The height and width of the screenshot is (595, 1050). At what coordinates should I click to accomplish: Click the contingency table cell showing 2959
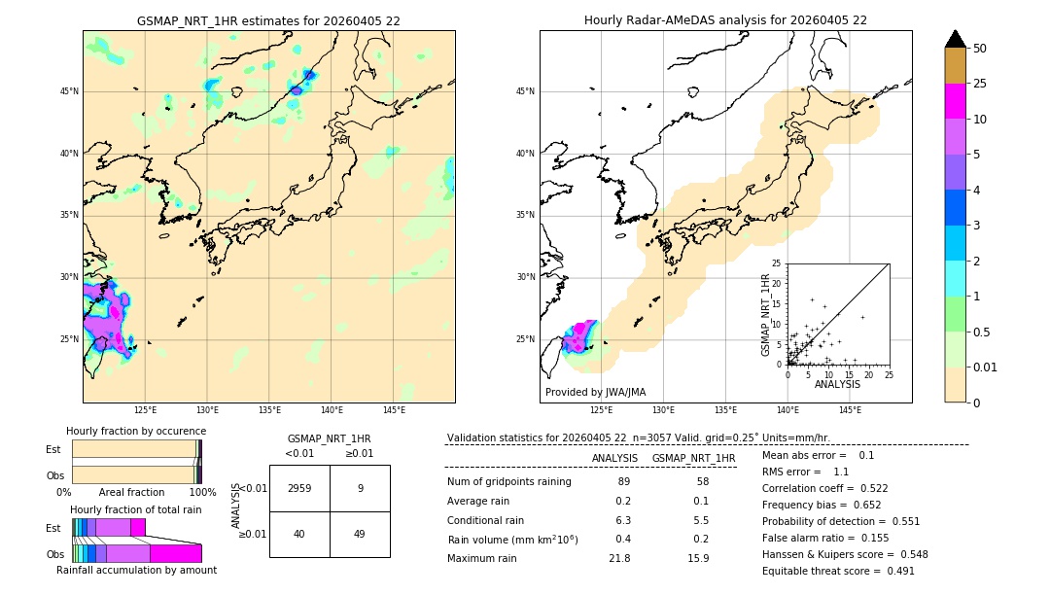299,488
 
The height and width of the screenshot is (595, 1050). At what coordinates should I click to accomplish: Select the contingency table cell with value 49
360,534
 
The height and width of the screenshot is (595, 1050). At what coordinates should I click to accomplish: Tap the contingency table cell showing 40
299,534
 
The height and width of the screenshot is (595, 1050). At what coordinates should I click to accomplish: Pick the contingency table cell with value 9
360,488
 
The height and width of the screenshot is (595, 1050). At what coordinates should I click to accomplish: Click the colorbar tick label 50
980,49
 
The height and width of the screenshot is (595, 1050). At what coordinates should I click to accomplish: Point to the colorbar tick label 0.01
986,367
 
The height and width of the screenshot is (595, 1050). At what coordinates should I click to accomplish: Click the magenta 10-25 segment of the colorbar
956,101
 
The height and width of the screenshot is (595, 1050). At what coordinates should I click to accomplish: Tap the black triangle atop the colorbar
956,39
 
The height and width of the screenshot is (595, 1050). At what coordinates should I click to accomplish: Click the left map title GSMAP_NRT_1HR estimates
268,20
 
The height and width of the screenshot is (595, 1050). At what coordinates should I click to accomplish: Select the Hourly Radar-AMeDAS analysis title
725,20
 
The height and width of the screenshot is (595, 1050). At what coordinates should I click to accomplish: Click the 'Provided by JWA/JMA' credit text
595,392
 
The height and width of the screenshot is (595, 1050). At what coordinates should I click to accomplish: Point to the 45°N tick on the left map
70,91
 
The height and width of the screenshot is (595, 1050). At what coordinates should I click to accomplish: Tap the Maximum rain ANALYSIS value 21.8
618,558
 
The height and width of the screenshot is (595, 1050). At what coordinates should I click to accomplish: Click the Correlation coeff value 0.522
895,488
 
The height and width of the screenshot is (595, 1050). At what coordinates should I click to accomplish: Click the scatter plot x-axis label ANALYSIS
837,385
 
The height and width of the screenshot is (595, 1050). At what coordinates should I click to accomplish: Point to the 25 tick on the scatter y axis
777,263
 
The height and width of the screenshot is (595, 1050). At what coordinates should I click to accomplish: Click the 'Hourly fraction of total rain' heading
136,509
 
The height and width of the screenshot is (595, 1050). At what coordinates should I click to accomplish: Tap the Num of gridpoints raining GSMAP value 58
695,482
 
